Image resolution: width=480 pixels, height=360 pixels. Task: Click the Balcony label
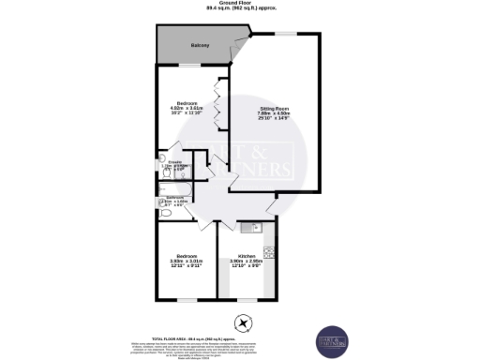point(200,46)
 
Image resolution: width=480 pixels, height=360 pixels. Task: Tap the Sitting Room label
point(275,110)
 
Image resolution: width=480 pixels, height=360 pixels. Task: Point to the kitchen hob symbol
point(269,252)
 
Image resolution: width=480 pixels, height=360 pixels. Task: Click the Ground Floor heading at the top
point(239,5)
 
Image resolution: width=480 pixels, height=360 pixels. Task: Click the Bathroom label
point(174,197)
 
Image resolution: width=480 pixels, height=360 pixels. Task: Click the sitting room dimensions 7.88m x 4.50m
point(275,116)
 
